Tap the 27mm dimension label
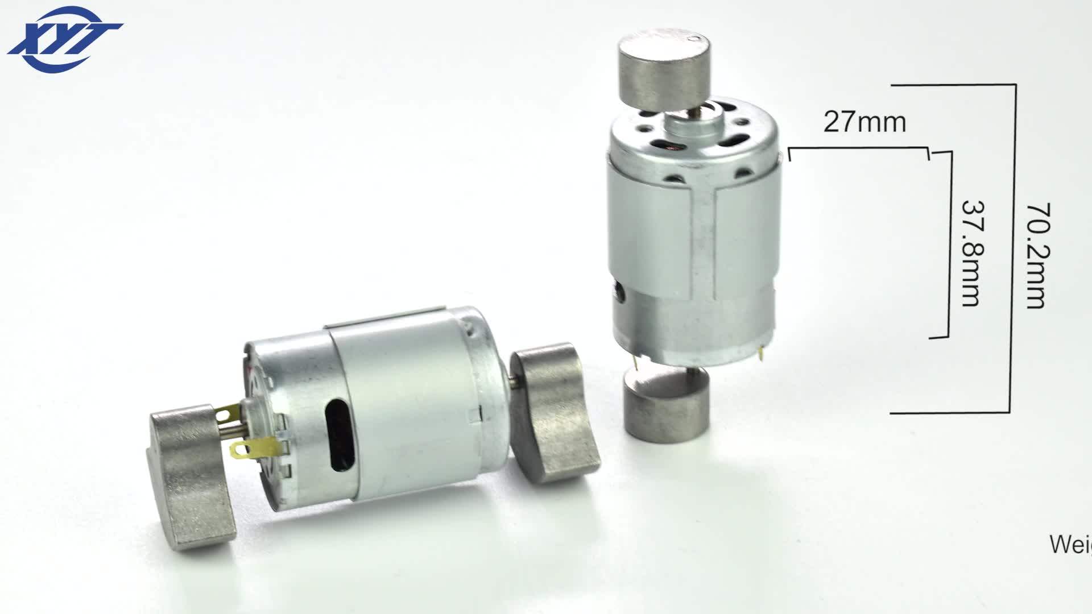864,122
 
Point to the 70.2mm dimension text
1036,256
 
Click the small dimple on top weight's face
692,39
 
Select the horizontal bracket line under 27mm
859,148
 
